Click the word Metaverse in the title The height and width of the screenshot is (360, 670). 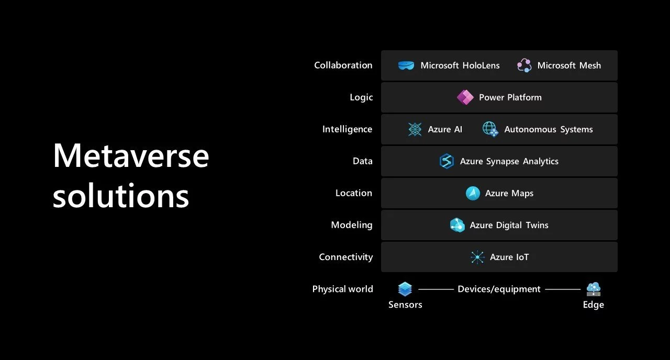pos(131,155)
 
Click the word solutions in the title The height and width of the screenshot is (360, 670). pos(120,196)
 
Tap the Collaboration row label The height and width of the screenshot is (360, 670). pos(343,65)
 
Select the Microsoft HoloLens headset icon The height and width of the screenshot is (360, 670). pos(406,65)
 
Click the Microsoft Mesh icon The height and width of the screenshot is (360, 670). pos(524,65)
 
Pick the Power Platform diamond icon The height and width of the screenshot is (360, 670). pos(465,97)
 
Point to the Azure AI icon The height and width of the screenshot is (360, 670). pos(415,129)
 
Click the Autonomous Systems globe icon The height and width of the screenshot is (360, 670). pos(490,129)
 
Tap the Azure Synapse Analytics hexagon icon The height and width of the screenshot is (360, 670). pos(447,161)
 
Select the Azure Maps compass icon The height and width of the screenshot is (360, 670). pos(473,193)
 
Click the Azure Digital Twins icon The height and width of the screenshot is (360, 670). pos(457,225)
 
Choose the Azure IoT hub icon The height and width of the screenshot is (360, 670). pos(477,257)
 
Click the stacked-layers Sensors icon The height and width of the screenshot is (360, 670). pos(405,289)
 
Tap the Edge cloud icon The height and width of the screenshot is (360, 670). pos(594,289)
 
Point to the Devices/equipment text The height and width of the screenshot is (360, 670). pos(499,289)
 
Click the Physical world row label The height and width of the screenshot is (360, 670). pos(342,289)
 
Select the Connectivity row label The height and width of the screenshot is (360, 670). pos(345,257)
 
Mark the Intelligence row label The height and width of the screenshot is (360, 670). pos(347,129)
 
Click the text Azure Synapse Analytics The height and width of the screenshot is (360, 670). pos(509,161)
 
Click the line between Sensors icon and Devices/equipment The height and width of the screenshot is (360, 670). pos(435,289)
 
